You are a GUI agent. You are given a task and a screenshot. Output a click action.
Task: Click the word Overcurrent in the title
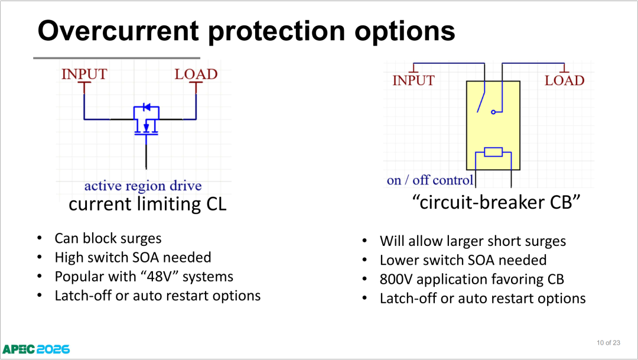pos(118,31)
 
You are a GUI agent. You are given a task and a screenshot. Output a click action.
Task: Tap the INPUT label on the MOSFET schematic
pos(84,74)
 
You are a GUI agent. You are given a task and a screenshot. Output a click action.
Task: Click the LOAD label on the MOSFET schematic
pos(196,74)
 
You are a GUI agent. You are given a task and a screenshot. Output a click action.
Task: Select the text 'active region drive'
pos(143,186)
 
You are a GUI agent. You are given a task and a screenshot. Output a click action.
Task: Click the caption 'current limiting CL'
pos(147,203)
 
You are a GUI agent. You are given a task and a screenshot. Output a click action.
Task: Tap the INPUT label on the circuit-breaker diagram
pos(414,80)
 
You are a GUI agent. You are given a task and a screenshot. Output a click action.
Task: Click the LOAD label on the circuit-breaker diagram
pos(564,80)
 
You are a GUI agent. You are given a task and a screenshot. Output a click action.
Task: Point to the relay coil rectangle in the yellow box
pos(493,153)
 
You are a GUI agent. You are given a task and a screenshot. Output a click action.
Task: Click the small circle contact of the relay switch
pos(493,112)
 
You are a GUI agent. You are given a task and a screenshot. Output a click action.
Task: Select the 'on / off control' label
pos(429,180)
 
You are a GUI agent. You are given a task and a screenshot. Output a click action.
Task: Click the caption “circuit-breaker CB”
pos(496,202)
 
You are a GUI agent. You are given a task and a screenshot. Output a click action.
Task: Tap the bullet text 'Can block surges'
pos(108,238)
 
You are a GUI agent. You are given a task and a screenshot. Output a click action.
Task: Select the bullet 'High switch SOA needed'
pos(133,257)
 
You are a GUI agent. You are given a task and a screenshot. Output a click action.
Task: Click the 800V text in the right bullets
pos(396,280)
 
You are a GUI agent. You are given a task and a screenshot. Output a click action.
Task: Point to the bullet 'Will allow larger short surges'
pos(473,241)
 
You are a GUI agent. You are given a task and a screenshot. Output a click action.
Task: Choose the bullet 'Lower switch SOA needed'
pos(463,260)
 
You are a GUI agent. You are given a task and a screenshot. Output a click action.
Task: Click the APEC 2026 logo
pos(36,349)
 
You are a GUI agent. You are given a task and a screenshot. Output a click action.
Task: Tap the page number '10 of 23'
pos(608,343)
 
